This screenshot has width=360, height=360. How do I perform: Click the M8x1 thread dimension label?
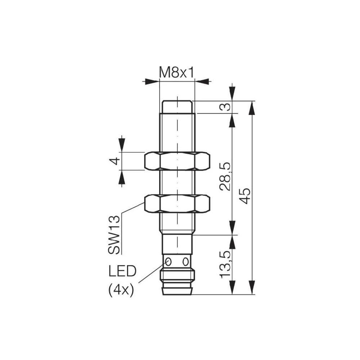(x=177, y=73)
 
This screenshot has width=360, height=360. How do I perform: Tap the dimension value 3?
(x=225, y=107)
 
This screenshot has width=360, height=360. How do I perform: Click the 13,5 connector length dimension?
(x=225, y=265)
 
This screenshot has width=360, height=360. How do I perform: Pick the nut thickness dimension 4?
(x=114, y=161)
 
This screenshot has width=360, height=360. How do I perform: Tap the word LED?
(x=122, y=271)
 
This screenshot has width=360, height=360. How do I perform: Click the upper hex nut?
(x=177, y=161)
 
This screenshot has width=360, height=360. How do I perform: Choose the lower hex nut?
(x=177, y=203)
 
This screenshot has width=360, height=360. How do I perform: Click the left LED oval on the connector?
(x=168, y=261)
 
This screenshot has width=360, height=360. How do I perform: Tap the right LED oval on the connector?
(x=186, y=261)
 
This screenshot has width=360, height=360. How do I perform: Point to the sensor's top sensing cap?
(x=177, y=107)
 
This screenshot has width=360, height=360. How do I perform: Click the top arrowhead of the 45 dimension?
(x=252, y=107)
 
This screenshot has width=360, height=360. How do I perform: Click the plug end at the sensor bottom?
(x=177, y=290)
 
